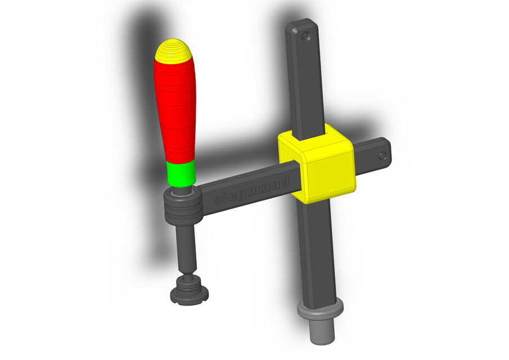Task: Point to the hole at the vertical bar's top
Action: click(306, 35)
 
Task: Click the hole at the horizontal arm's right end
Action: click(382, 155)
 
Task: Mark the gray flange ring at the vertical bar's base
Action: click(319, 310)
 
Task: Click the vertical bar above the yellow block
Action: click(306, 84)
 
